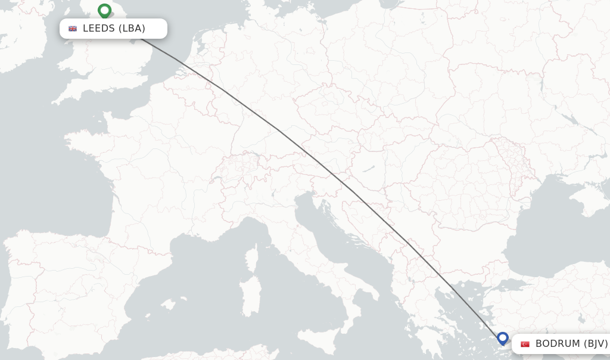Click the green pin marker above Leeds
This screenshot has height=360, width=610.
click(105, 11)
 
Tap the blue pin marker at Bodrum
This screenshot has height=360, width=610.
click(503, 339)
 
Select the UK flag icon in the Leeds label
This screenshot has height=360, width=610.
click(73, 29)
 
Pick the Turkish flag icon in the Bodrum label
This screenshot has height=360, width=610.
click(525, 344)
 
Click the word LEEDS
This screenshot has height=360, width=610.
click(99, 29)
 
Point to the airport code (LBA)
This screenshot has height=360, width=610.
click(132, 29)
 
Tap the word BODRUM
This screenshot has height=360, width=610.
click(557, 344)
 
